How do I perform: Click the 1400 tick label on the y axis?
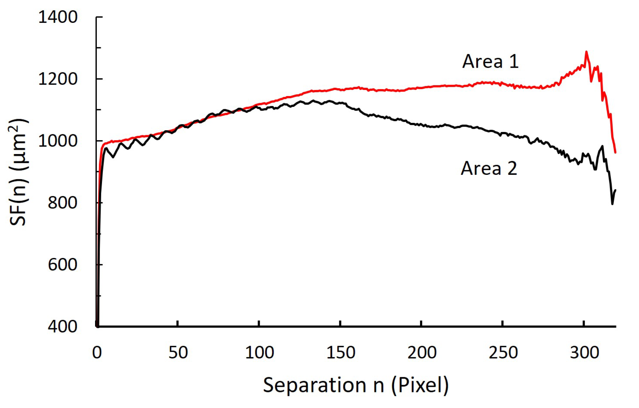[x=58, y=17]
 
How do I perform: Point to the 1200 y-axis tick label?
[x=58, y=79]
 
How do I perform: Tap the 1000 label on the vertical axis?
[x=58, y=141]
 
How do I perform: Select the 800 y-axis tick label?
[x=63, y=203]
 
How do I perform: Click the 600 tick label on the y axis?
[x=63, y=265]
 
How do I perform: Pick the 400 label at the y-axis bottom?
[x=63, y=326]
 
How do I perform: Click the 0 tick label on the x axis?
[x=97, y=353]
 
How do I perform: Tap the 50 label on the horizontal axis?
[x=178, y=353]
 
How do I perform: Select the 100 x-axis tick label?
[x=259, y=353]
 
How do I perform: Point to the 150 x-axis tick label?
[x=341, y=353]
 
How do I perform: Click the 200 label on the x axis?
[x=422, y=353]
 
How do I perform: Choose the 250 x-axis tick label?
[x=503, y=353]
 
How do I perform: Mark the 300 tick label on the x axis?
[x=584, y=353]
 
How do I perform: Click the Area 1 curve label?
[x=490, y=61]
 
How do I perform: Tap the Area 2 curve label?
[x=489, y=168]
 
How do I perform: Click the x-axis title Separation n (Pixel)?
[x=355, y=385]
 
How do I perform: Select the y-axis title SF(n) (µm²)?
[x=19, y=172]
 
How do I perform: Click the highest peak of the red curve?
[x=586, y=52]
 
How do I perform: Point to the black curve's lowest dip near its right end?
[x=612, y=204]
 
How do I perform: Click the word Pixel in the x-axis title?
[x=420, y=385]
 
